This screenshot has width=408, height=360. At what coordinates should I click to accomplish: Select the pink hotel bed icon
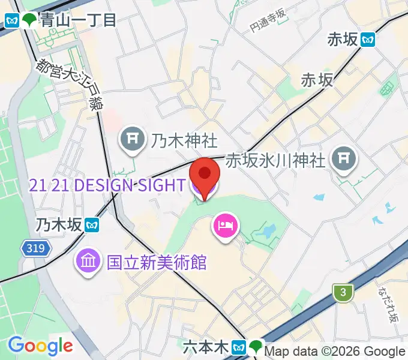point(226,226)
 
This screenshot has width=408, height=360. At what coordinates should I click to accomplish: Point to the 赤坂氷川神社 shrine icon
point(344,159)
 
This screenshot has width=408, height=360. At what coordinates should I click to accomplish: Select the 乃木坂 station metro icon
point(91,226)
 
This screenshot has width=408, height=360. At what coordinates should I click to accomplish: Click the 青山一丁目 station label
point(79,20)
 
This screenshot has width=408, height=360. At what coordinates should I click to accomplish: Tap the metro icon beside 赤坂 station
point(368,40)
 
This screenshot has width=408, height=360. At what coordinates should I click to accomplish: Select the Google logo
point(40,345)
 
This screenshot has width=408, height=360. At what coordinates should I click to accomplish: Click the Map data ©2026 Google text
point(334,352)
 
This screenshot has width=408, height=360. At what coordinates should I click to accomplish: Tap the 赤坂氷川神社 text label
point(276,160)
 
